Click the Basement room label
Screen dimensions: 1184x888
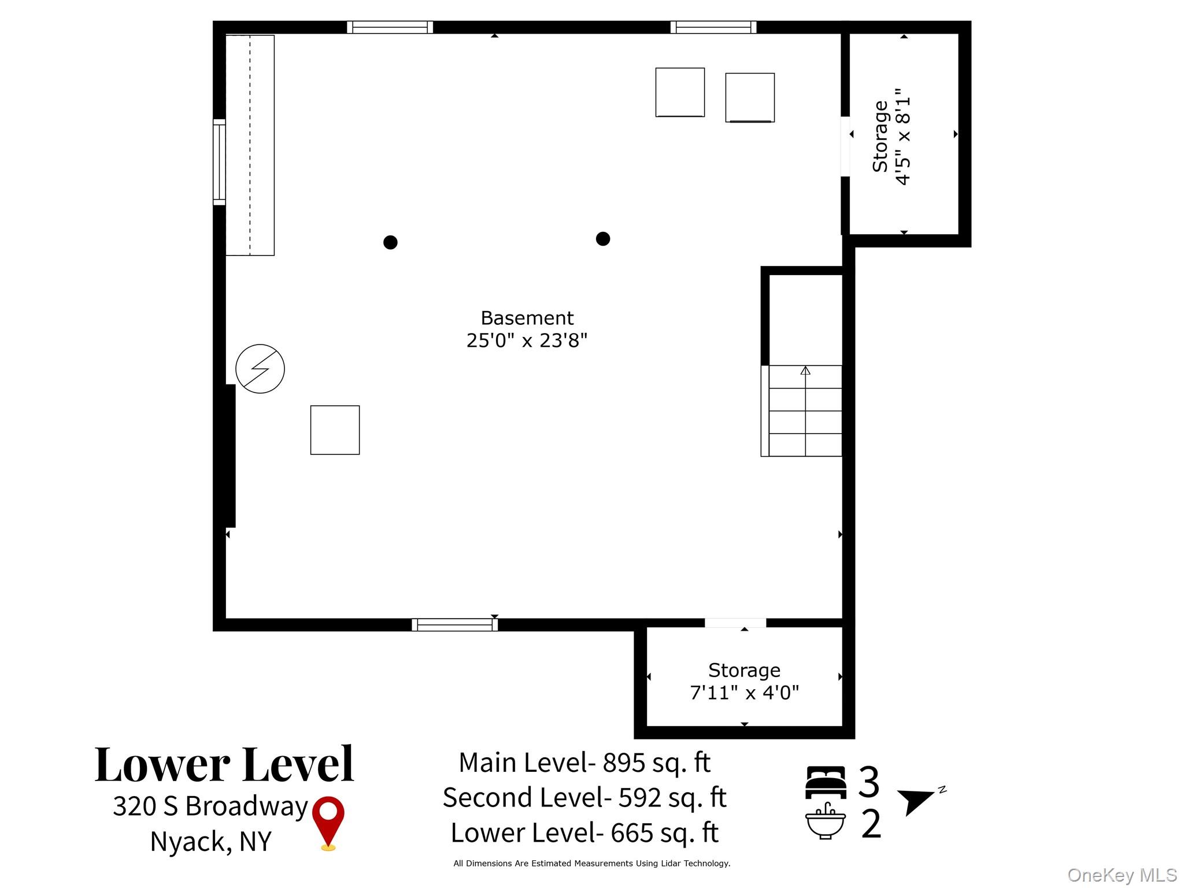pyautogui.click(x=527, y=318)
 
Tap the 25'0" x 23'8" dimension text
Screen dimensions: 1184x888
pyautogui.click(x=527, y=341)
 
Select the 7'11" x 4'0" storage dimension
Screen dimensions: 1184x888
pyautogui.click(x=745, y=693)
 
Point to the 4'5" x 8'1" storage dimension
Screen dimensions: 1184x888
pyautogui.click(x=902, y=136)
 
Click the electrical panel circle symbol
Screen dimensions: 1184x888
pyautogui.click(x=260, y=369)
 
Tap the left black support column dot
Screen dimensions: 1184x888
pyautogui.click(x=390, y=242)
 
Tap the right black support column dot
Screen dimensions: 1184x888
pyautogui.click(x=603, y=239)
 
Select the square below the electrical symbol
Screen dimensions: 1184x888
pyautogui.click(x=335, y=430)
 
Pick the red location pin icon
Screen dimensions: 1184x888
pyautogui.click(x=328, y=822)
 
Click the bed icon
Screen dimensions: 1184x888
pyautogui.click(x=826, y=782)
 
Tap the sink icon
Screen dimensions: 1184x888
pyautogui.click(x=826, y=821)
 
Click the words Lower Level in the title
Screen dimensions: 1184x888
pyautogui.click(x=224, y=764)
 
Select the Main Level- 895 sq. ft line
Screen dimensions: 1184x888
pyautogui.click(x=584, y=763)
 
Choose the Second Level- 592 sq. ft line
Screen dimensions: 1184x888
pyautogui.click(x=584, y=798)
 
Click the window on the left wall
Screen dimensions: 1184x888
pyautogui.click(x=219, y=162)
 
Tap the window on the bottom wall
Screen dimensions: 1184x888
pyautogui.click(x=454, y=624)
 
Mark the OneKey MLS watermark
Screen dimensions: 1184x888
pyautogui.click(x=1122, y=875)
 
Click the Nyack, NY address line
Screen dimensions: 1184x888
pyautogui.click(x=211, y=842)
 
